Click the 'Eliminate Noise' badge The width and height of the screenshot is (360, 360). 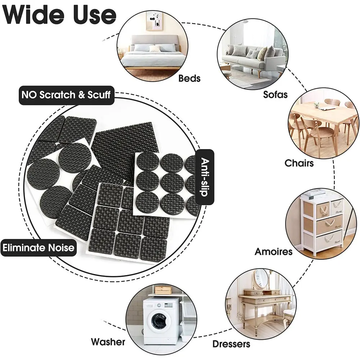(39, 248)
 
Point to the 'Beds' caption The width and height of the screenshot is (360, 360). (189, 78)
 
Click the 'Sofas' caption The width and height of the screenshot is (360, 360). (275, 94)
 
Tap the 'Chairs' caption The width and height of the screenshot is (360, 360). (299, 163)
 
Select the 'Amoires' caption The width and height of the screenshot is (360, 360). (274, 251)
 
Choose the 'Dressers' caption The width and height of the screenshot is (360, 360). (231, 344)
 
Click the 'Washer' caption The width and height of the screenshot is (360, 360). (108, 342)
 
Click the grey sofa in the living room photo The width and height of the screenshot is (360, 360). (248, 58)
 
